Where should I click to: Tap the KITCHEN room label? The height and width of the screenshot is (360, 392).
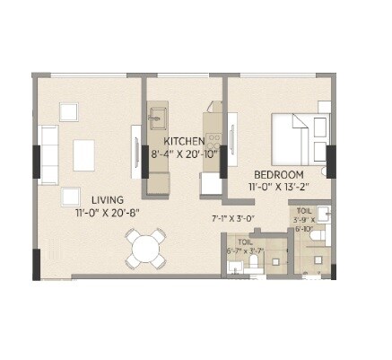(185, 142)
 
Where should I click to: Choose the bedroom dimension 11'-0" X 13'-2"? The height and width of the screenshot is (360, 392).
(278, 187)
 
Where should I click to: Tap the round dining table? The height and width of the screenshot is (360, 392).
(145, 248)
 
